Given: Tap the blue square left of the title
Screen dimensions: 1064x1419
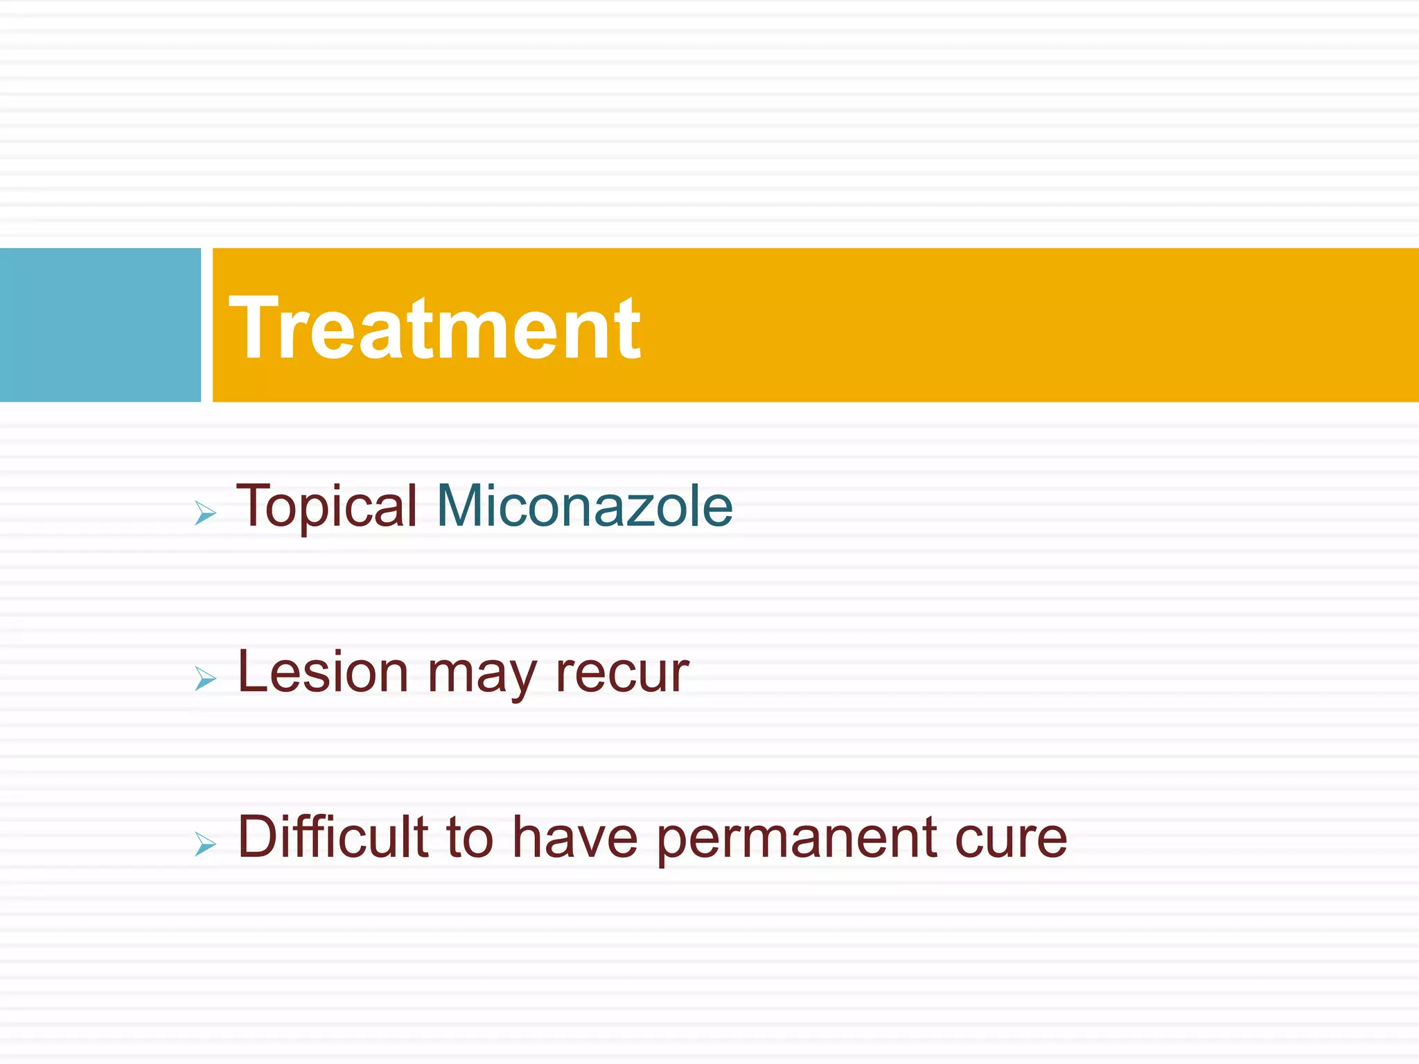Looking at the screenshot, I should click(x=100, y=324).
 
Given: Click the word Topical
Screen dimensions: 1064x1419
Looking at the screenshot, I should click(x=326, y=507).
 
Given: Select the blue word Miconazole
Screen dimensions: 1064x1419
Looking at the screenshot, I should click(x=584, y=506).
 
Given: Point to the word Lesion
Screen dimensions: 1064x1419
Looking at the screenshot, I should click(x=323, y=672).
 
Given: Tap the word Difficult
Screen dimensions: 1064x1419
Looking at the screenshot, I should click(x=333, y=837).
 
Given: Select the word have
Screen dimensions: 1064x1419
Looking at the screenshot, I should click(x=575, y=838).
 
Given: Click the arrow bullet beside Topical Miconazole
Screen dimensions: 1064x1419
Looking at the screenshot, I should click(x=205, y=513).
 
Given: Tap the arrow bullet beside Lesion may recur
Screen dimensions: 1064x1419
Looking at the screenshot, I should click(x=205, y=678).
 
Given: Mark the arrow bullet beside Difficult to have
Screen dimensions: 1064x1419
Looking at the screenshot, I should click(x=205, y=844).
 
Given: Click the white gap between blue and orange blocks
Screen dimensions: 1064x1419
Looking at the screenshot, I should click(x=206, y=324).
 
